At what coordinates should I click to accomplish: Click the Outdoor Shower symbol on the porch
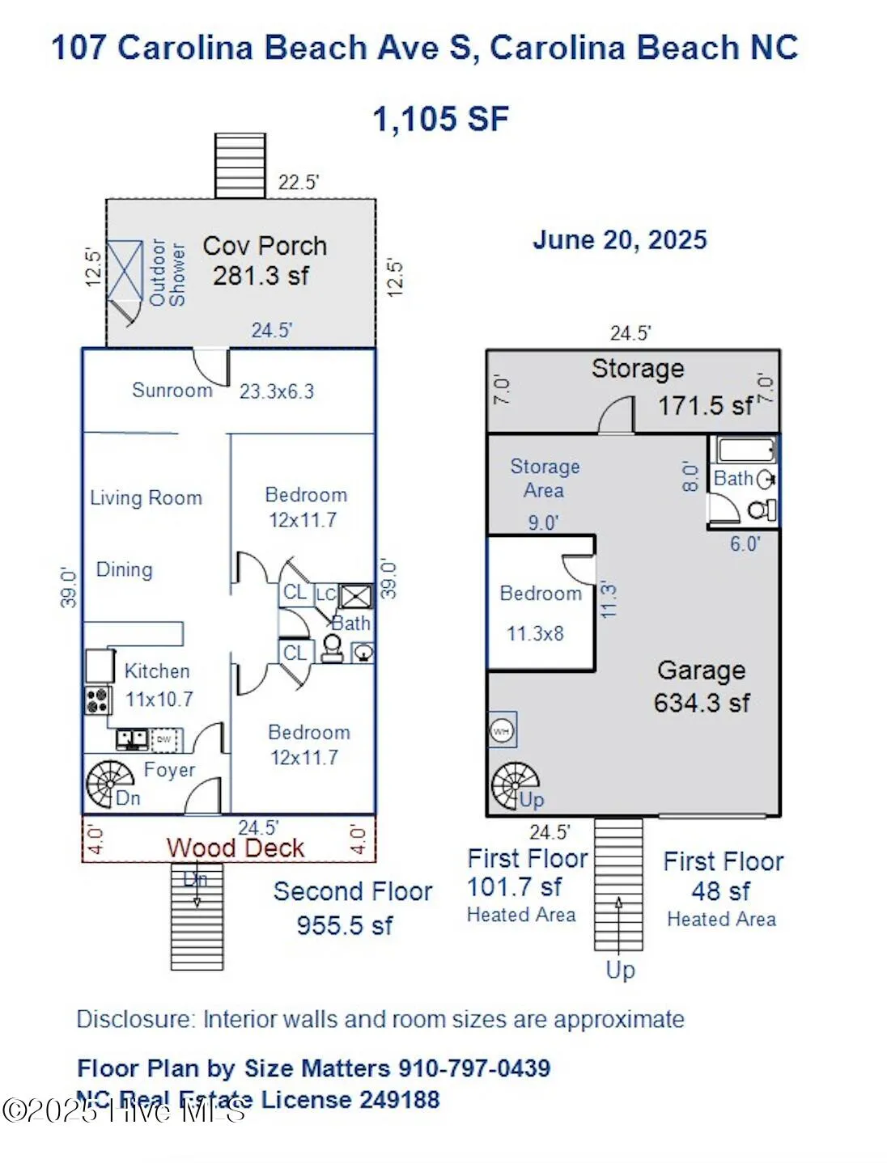(125, 270)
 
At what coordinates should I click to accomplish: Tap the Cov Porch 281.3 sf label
(264, 260)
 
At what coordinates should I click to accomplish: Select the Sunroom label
(172, 390)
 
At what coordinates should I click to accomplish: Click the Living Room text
(146, 497)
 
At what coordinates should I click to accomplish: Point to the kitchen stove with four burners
(98, 700)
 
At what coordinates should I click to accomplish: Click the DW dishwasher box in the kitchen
(164, 739)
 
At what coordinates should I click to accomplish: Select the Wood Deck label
(235, 848)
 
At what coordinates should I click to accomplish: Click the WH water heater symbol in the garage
(502, 731)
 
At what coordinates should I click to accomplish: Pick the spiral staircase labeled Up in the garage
(515, 784)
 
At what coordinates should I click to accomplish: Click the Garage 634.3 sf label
(701, 686)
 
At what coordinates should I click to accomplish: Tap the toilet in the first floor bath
(761, 510)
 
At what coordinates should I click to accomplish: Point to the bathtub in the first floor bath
(744, 450)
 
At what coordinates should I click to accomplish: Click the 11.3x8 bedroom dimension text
(535, 633)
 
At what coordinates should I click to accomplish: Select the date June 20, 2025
(619, 240)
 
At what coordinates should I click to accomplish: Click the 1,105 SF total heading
(440, 119)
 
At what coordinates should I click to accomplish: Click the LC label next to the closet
(325, 594)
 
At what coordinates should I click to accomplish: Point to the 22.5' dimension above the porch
(298, 182)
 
